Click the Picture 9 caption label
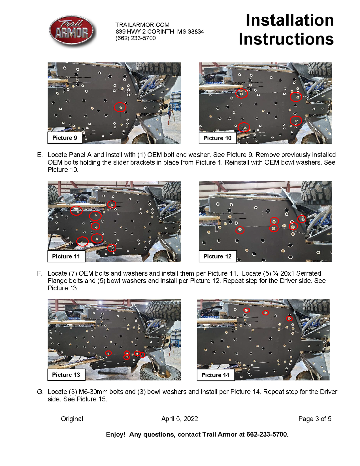(x=65, y=138)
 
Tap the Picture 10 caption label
(x=218, y=138)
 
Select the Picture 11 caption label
(x=66, y=256)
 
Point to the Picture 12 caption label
(x=218, y=256)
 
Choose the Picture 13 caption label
(x=66, y=375)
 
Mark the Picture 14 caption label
(x=216, y=375)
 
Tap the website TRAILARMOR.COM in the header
(x=142, y=25)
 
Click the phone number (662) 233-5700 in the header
(x=135, y=38)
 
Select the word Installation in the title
(x=290, y=20)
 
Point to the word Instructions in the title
(x=286, y=39)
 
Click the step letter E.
(x=40, y=155)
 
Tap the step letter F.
(x=39, y=273)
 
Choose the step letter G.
(x=40, y=392)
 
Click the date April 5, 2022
(x=180, y=419)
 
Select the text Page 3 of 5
(x=315, y=419)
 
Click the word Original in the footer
(x=72, y=419)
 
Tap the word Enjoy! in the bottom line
(x=116, y=435)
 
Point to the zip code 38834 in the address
(x=196, y=31)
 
